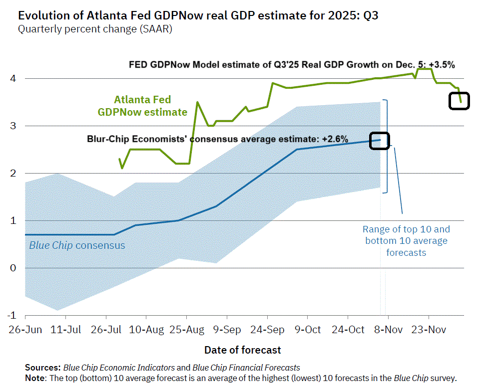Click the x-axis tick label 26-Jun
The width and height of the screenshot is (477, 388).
coord(24,330)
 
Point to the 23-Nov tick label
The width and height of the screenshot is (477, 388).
coord(429,330)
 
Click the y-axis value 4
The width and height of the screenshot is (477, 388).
coord(13,78)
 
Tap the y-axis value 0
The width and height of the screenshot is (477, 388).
coord(13,268)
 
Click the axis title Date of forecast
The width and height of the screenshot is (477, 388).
coord(242,350)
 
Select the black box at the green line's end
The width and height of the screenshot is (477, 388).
coord(459,101)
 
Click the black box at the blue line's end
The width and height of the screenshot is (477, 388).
coord(380,140)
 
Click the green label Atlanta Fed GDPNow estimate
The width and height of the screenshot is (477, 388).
coord(142,106)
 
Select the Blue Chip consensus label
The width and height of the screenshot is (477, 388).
coord(77,245)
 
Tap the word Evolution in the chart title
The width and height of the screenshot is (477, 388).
coord(40,15)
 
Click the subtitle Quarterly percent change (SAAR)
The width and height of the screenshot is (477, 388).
coord(95,29)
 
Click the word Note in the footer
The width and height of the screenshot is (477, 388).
coord(34,378)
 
